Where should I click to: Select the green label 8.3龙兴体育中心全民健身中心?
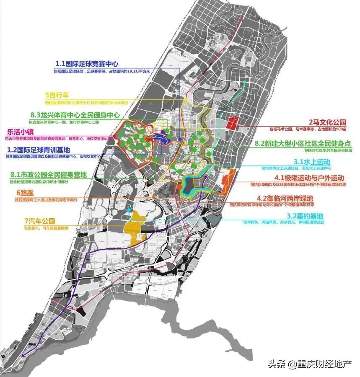75,115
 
